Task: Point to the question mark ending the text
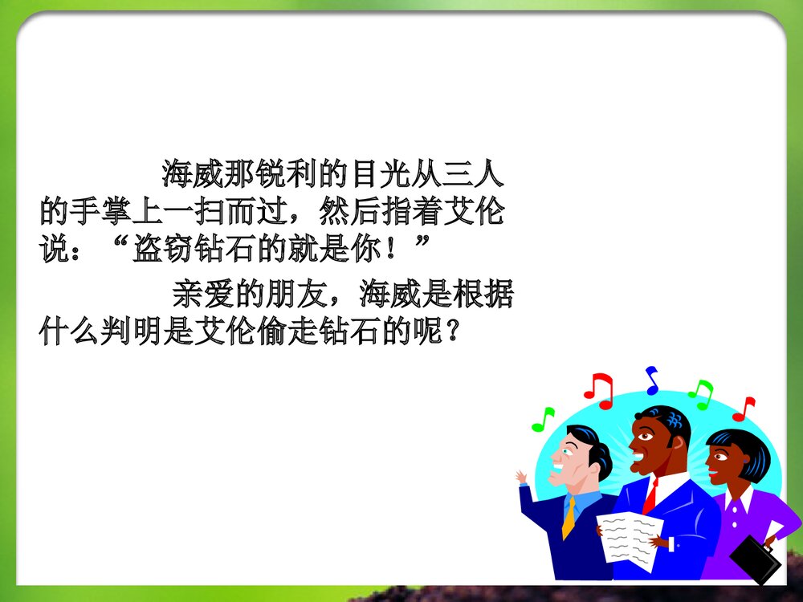455,332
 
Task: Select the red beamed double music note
598,389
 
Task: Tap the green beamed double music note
700,394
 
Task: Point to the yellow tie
569,518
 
